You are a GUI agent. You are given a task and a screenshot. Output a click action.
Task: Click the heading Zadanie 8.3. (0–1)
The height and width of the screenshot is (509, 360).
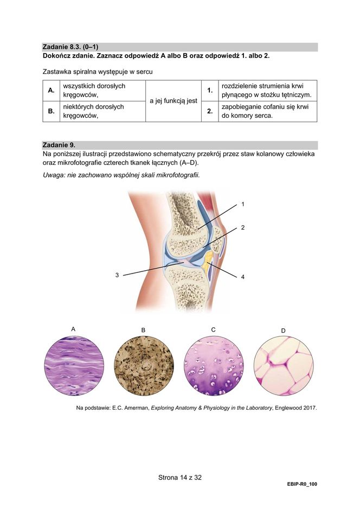click(x=70, y=47)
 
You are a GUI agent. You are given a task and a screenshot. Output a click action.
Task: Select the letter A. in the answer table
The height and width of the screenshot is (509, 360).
click(x=51, y=91)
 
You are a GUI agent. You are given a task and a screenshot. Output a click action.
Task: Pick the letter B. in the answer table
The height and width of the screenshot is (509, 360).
click(x=51, y=111)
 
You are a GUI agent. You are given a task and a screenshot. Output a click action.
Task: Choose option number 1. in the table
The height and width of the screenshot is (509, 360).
click(x=209, y=91)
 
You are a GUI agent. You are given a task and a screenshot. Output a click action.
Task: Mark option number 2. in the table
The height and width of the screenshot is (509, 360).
click(x=209, y=111)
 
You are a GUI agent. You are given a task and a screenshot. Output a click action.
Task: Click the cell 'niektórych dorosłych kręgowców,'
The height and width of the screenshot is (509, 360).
click(x=93, y=111)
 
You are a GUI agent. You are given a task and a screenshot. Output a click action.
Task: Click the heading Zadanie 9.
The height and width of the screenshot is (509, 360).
click(x=59, y=145)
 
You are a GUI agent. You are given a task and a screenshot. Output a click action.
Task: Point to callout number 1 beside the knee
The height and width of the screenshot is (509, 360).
click(x=243, y=205)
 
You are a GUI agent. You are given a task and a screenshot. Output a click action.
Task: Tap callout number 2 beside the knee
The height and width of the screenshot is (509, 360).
click(x=243, y=227)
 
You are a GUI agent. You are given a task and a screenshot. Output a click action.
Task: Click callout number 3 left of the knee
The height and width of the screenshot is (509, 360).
click(x=117, y=275)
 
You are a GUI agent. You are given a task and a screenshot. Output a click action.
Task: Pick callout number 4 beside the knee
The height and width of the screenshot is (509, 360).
click(x=243, y=277)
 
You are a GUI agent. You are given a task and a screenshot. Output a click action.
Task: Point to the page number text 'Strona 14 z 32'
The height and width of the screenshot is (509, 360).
click(x=179, y=478)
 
